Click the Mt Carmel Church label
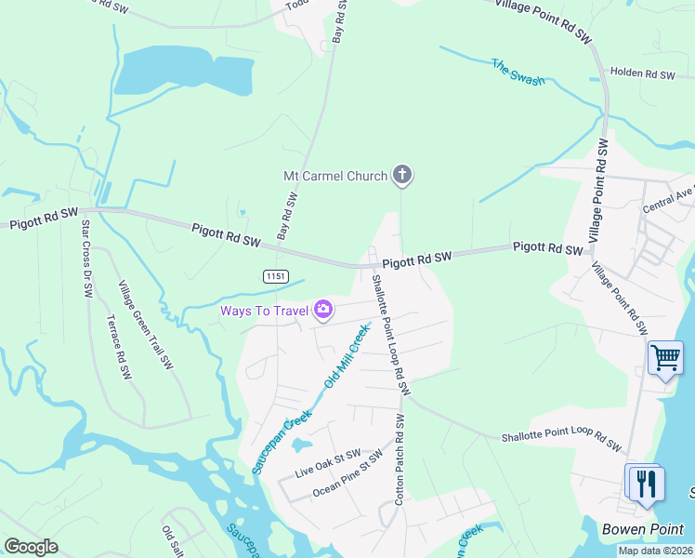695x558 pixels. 336,175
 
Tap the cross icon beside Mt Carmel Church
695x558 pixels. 402,174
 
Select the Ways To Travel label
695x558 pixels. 264,310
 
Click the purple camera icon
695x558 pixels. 323,310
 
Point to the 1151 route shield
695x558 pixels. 275,276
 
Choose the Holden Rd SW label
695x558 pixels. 642,73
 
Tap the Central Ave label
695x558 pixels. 668,199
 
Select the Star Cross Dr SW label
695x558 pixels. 86,259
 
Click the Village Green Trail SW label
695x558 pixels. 146,325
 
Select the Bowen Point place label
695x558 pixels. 643,529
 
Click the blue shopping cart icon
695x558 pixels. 665,357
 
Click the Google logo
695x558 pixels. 32,547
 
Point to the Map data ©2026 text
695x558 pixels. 656,551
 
